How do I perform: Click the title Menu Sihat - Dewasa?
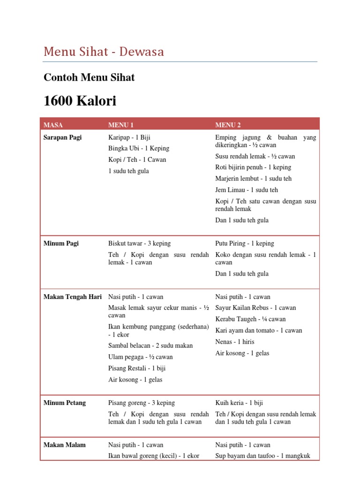104,52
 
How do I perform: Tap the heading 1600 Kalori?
80,101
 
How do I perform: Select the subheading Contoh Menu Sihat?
89,77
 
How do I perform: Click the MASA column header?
53,125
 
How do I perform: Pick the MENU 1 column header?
121,125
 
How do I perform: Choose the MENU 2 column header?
228,125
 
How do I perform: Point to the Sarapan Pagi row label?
62,137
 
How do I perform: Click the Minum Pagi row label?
61,243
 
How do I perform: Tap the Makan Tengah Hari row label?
73,297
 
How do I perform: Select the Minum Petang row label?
65,403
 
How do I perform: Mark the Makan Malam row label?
65,445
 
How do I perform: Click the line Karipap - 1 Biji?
129,137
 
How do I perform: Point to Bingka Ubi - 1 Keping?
139,149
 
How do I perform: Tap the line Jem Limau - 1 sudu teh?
247,190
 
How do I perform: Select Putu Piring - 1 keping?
245,243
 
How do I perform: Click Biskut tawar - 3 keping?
140,243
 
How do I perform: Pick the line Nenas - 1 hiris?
235,342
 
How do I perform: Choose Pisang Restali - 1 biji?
137,368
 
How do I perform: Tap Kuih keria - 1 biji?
239,403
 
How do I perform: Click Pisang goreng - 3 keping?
142,403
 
